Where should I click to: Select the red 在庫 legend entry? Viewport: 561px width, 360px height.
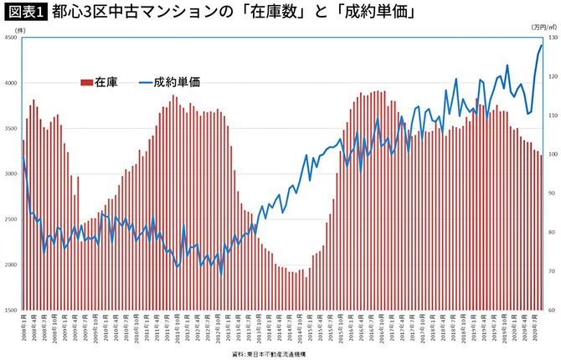tap(99, 82)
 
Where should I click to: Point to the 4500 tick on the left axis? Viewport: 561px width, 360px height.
tap(9, 38)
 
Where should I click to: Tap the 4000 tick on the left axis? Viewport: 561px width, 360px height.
tap(9, 83)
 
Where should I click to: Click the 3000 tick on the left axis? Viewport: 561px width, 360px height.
tap(9, 174)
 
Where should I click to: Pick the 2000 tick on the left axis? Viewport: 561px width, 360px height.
tap(9, 265)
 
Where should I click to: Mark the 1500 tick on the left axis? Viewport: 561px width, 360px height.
tap(9, 310)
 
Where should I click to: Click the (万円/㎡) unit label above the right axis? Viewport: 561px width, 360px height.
tap(543, 28)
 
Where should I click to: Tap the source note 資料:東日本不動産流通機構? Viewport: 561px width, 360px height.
tap(281, 354)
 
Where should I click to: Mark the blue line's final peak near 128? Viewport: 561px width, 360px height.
tap(542, 45)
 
